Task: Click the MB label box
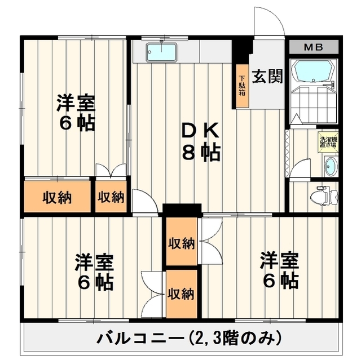(x=314, y=47)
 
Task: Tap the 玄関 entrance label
(x=267, y=76)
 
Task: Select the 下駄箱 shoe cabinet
(x=242, y=86)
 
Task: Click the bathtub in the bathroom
(x=314, y=71)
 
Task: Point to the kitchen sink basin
(x=162, y=52)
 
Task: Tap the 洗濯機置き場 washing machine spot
(x=328, y=143)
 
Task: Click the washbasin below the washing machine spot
(x=331, y=167)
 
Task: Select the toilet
(x=325, y=195)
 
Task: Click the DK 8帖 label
(x=200, y=142)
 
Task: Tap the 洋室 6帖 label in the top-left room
(x=77, y=113)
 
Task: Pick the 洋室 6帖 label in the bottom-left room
(x=94, y=272)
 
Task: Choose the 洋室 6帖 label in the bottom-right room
(x=280, y=270)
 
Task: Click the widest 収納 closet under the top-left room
(x=58, y=197)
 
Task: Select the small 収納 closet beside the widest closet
(x=111, y=197)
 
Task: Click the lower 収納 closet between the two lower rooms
(x=182, y=294)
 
